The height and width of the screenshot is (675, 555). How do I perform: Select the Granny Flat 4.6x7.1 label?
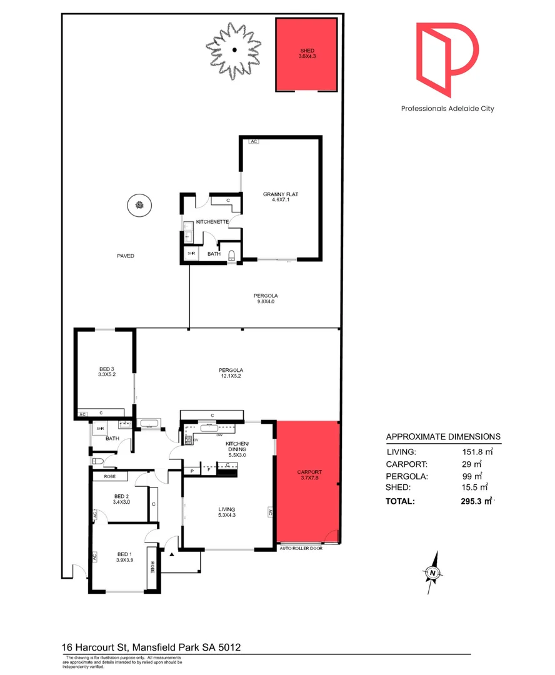tap(280, 197)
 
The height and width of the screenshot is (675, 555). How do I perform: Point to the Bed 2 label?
tap(121, 498)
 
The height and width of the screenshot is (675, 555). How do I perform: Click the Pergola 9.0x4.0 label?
tap(265, 299)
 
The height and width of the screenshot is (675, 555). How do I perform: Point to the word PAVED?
tap(125, 256)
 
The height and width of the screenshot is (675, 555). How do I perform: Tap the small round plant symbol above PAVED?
tap(139, 204)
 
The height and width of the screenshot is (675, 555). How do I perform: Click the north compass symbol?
tap(432, 572)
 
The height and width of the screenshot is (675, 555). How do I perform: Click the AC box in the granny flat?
tap(253, 142)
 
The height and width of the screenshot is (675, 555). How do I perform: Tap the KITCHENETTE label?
tap(211, 222)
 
